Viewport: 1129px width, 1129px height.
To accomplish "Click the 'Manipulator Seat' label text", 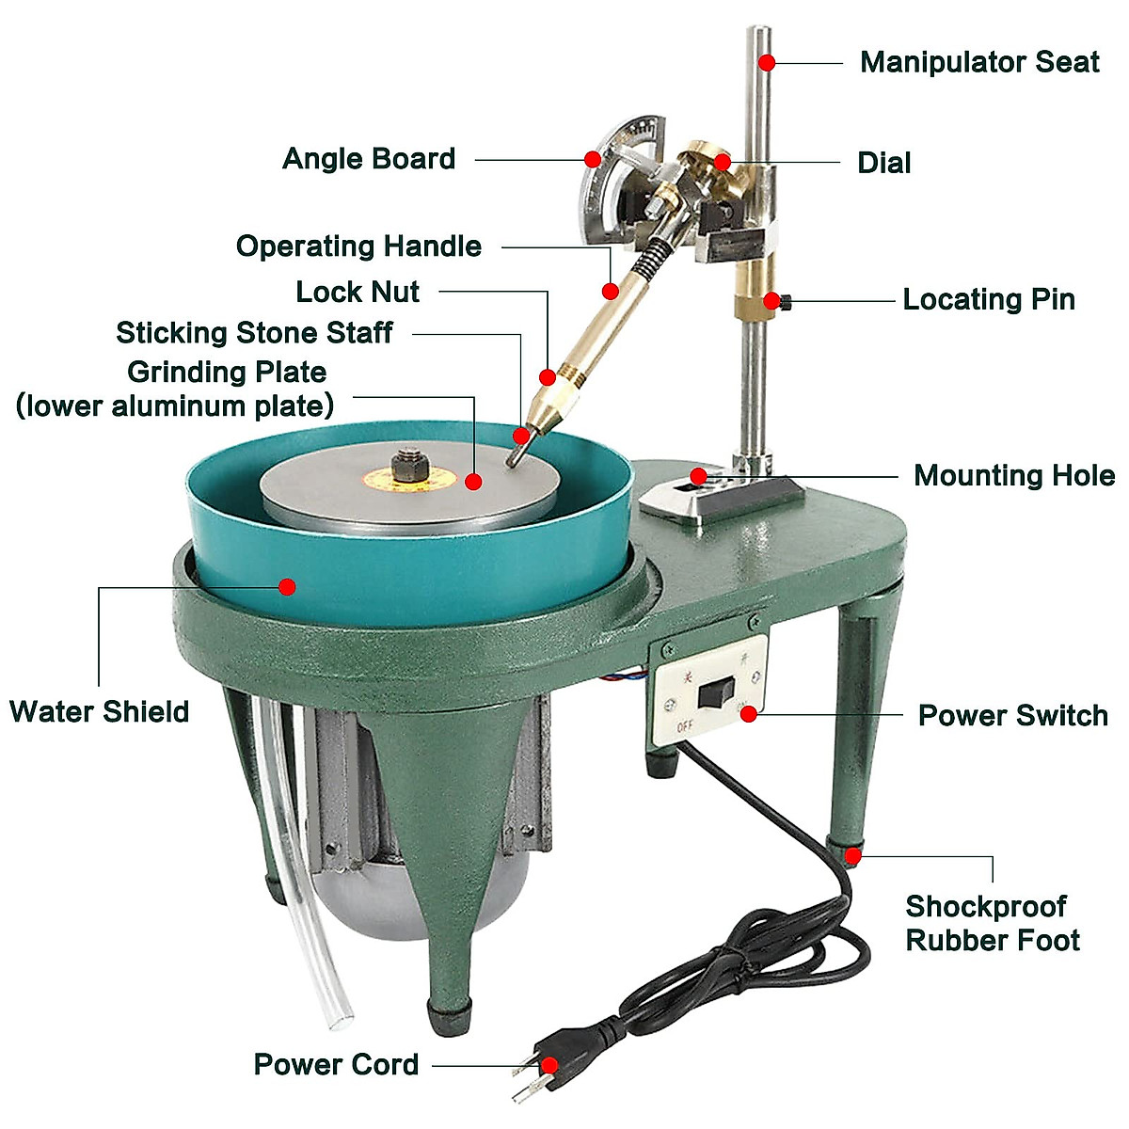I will [x=979, y=62].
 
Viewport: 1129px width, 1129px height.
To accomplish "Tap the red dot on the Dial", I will [x=722, y=162].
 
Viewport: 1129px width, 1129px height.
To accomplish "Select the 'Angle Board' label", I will [x=369, y=159].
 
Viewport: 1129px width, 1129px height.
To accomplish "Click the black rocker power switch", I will [x=716, y=695].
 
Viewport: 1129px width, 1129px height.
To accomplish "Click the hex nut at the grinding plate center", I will [x=410, y=464].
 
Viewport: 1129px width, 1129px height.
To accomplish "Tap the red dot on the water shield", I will [x=288, y=587].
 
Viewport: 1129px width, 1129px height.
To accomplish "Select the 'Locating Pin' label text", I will [x=989, y=300].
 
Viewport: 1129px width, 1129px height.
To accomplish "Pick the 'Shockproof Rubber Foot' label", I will [x=992, y=923].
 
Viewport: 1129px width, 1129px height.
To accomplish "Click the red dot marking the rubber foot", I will [x=852, y=855].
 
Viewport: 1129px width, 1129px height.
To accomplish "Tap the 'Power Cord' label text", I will [x=336, y=1065].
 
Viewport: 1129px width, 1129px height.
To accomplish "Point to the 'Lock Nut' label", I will [x=358, y=292].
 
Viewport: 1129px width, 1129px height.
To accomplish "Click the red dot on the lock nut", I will [x=548, y=377].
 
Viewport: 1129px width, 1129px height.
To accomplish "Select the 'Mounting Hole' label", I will [x=1014, y=476].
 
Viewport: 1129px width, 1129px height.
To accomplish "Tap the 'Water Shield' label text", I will [x=99, y=711].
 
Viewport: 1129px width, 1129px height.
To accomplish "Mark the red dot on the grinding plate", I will [x=474, y=482].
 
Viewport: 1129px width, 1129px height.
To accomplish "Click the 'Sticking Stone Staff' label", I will [x=254, y=333].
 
